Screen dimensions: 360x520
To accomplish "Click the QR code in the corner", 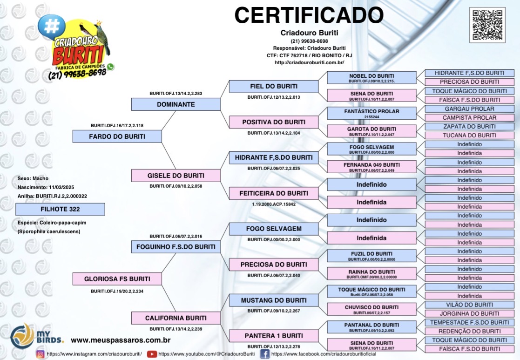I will click(487, 25).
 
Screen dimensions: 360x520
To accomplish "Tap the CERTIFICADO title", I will click(309, 15).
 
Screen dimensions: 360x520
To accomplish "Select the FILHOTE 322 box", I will click(60, 210).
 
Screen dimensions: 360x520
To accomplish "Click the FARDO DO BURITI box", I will click(117, 136).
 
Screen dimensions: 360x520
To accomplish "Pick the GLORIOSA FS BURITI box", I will click(117, 279).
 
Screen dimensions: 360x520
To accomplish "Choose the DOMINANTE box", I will click(176, 104).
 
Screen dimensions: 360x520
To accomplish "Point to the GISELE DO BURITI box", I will click(176, 176).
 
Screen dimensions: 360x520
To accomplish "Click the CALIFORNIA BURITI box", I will click(176, 318).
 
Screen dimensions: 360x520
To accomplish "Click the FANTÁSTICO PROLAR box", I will click(371, 113).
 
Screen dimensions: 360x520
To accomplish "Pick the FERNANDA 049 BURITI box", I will click(371, 166).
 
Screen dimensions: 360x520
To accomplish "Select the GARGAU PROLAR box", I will click(469, 109).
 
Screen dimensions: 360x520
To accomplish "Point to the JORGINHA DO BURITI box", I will click(469, 313).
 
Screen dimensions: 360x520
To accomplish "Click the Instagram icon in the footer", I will click(41, 354).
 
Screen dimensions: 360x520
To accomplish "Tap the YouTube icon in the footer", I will click(152, 354).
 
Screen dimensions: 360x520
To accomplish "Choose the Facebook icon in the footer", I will click(264, 354).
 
